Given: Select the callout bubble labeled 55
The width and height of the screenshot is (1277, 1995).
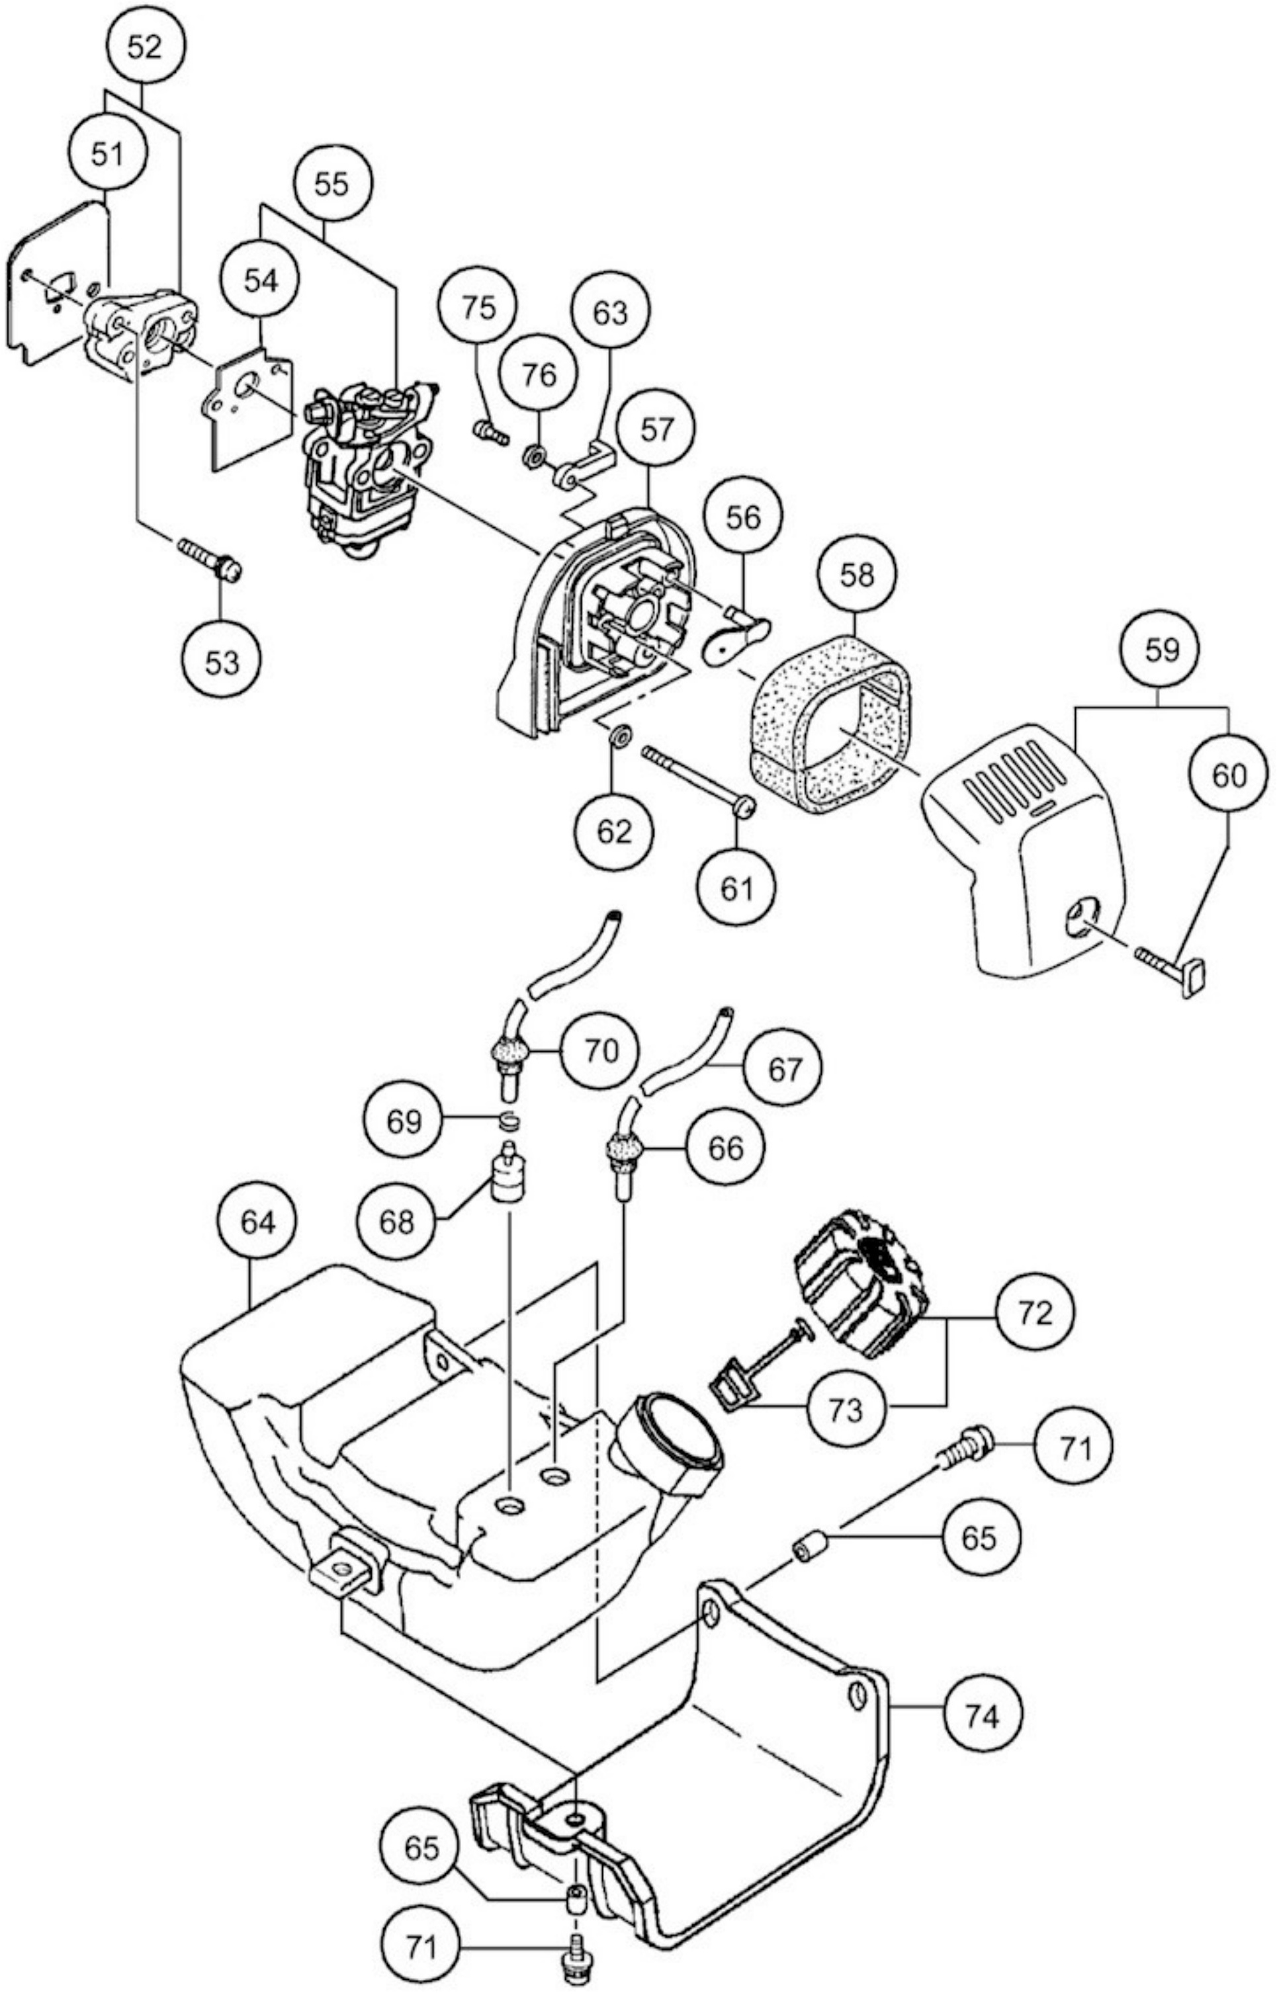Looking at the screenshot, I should [x=331, y=184].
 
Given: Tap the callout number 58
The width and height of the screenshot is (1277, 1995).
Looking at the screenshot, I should [x=858, y=574].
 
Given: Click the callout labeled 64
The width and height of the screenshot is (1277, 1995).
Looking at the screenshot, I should [x=258, y=1222].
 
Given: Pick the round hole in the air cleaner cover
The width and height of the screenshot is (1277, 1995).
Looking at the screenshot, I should [x=1083, y=917].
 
